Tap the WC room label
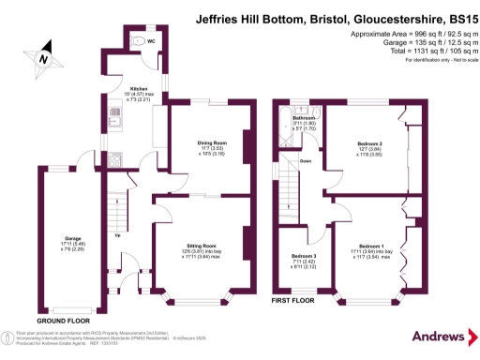151,42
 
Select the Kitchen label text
125,91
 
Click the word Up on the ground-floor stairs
117,234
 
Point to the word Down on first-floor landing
306,160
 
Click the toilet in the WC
138,40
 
